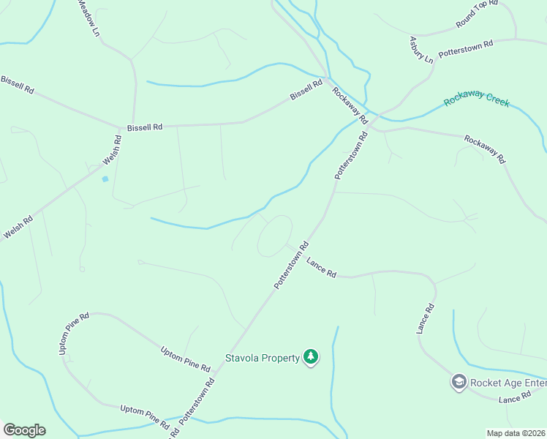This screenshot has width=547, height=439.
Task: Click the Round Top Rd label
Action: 476,15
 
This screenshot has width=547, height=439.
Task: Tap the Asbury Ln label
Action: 421,49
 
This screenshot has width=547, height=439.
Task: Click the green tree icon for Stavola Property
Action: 312,358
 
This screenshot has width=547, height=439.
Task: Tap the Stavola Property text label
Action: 262,358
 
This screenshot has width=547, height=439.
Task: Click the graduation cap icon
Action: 459,382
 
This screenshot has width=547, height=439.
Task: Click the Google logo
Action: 24,430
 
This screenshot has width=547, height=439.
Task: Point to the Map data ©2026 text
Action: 516,433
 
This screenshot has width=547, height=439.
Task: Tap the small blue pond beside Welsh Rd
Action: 105,179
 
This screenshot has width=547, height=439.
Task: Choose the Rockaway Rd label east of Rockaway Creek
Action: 485,149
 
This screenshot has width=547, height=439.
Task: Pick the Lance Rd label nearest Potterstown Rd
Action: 321,267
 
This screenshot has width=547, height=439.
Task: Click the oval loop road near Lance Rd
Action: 274,236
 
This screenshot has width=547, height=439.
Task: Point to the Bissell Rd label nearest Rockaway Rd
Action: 306,91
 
